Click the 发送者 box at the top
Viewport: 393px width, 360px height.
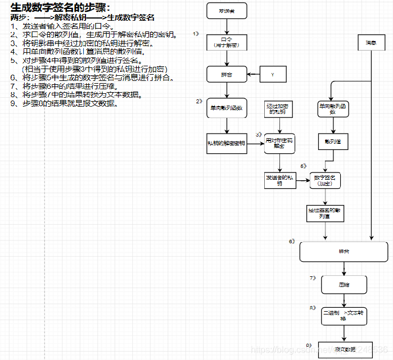click(x=227, y=11)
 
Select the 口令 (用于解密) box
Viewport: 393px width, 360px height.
click(x=227, y=42)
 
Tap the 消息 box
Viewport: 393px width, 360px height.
click(x=371, y=43)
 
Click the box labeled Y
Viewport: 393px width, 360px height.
click(x=272, y=74)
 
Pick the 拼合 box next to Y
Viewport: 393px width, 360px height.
click(x=227, y=74)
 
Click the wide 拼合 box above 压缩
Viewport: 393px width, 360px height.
click(x=344, y=252)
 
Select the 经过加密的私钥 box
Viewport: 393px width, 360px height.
click(x=279, y=109)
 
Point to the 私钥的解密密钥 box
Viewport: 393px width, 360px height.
click(x=226, y=143)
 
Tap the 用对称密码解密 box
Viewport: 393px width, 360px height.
click(x=279, y=143)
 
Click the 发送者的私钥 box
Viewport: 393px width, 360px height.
click(x=279, y=180)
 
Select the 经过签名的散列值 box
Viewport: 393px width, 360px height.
click(x=325, y=213)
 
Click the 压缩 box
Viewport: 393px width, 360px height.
click(x=344, y=285)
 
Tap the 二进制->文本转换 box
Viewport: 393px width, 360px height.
click(x=344, y=315)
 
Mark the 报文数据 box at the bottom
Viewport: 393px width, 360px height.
click(x=344, y=349)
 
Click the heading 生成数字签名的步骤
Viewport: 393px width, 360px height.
click(x=60, y=7)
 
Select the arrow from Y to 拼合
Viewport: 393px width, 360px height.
click(x=251, y=74)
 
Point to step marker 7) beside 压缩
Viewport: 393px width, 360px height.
click(x=313, y=278)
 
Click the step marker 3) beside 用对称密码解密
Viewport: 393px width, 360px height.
click(x=259, y=135)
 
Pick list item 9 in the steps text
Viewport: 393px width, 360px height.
click(x=65, y=103)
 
